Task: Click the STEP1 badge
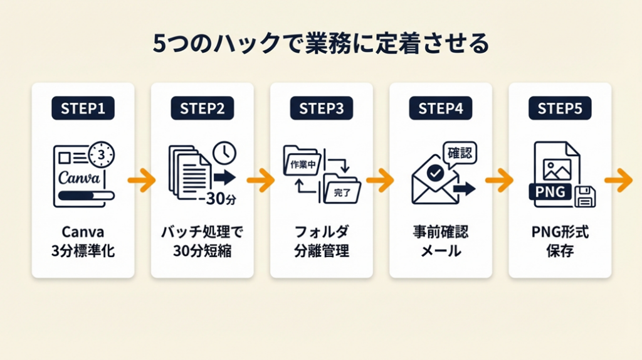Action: point(83,109)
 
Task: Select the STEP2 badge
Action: point(202,109)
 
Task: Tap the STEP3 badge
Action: point(321,109)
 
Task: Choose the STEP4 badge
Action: point(441,109)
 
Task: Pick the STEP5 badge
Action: point(559,109)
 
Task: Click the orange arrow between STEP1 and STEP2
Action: point(142,181)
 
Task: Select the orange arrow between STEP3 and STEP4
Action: point(380,181)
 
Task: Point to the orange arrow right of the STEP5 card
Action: point(619,181)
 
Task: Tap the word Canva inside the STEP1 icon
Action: point(78,177)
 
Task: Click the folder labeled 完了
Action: point(342,191)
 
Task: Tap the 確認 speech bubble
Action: point(459,152)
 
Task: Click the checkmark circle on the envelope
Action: point(434,171)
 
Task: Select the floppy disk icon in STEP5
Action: point(585,197)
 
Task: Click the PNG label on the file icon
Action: point(551,191)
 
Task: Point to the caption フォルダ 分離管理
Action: point(321,242)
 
